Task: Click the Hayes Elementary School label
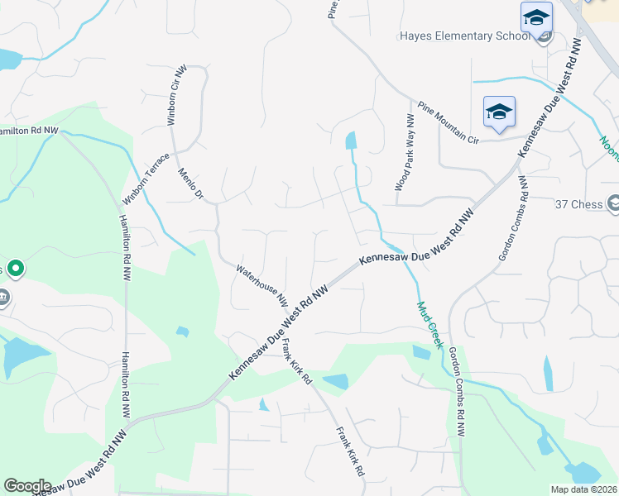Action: [463, 36]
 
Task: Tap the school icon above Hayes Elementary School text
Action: [536, 17]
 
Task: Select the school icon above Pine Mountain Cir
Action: [499, 112]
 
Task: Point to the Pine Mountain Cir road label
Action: [449, 123]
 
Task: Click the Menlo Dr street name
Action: [190, 184]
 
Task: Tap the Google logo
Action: [26, 486]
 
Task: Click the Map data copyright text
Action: [583, 489]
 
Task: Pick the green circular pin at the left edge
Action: [16, 269]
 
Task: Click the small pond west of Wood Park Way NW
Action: [351, 141]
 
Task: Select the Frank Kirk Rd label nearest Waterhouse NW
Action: [295, 362]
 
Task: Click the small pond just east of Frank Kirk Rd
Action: [335, 381]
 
